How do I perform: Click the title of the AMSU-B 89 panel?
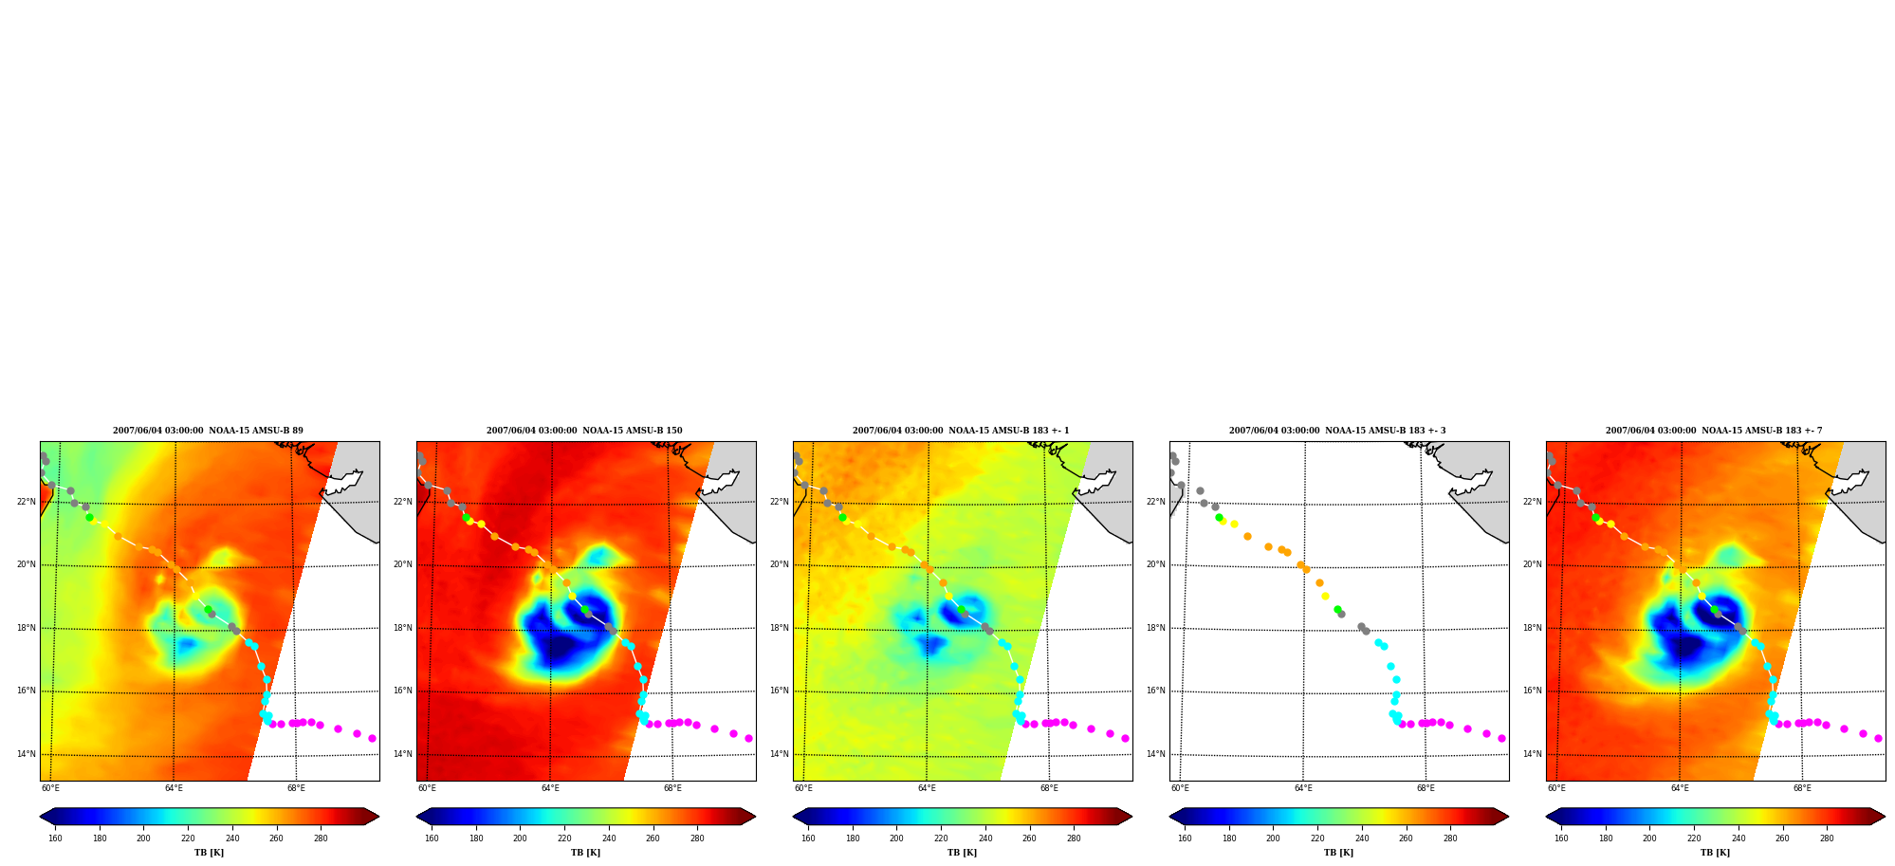click(209, 431)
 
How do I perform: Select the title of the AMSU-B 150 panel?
click(584, 431)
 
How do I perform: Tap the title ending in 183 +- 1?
click(961, 431)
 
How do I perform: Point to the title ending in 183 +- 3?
click(1337, 431)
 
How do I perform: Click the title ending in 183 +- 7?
click(1714, 431)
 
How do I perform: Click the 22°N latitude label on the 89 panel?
click(27, 502)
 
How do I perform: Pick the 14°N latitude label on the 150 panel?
click(403, 754)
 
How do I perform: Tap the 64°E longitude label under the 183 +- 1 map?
click(927, 788)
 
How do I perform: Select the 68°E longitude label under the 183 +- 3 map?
click(1426, 788)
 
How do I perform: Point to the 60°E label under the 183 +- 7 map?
click(1557, 788)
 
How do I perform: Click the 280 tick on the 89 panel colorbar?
click(321, 838)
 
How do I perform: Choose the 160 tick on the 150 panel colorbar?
click(432, 838)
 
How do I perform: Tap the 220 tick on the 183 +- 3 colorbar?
click(1317, 838)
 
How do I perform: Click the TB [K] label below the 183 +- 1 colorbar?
click(962, 853)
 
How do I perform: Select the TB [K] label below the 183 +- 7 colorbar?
click(1715, 853)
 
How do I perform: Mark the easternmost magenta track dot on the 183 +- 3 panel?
click(1501, 738)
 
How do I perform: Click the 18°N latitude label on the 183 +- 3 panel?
click(1156, 628)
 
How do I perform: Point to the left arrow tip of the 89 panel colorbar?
click(40, 817)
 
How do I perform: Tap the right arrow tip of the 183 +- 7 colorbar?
click(1886, 817)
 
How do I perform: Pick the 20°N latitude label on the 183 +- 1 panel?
click(780, 564)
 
